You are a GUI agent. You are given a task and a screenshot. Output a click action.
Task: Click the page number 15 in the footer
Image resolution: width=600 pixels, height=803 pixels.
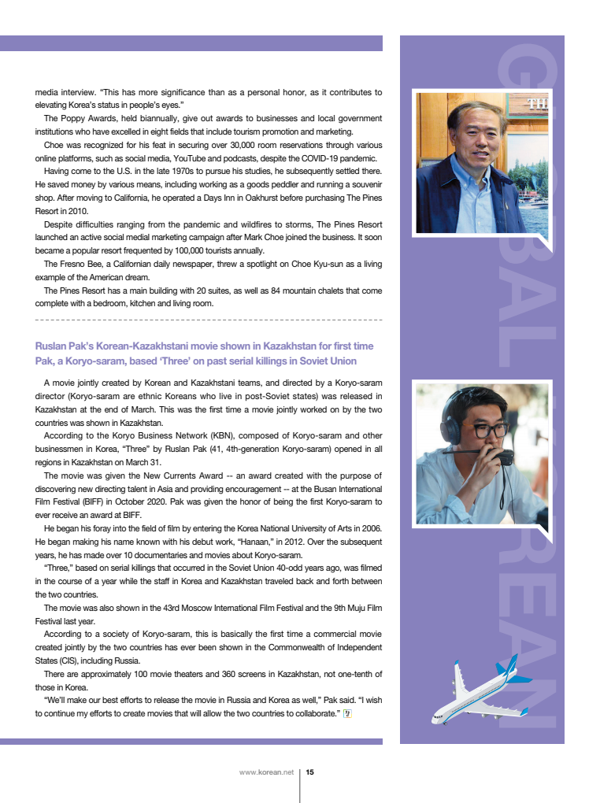tap(310, 772)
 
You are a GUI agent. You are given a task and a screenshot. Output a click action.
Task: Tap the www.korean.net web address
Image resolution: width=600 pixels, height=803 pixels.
tap(266, 772)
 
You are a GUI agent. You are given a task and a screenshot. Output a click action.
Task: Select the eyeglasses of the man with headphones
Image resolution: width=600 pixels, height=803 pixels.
tap(489, 431)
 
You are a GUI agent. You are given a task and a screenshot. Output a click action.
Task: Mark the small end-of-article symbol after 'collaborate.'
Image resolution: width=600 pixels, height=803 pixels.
tap(347, 713)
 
